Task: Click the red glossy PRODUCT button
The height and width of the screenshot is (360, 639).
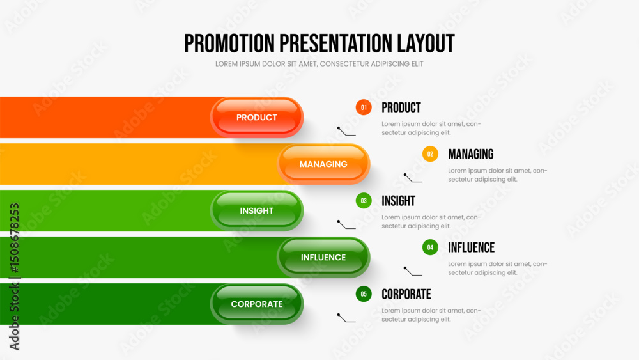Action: tap(257, 118)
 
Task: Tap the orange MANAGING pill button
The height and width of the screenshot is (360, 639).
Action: tap(323, 164)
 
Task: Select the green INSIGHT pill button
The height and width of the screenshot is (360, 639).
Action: tap(257, 211)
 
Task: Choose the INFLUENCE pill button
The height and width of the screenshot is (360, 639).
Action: tap(323, 257)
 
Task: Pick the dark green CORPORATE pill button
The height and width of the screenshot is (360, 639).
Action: tap(257, 304)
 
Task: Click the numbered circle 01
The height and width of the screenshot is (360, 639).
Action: tap(364, 107)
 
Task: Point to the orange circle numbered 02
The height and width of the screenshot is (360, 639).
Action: tap(430, 154)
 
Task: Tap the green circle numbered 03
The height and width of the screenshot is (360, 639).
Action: tap(364, 201)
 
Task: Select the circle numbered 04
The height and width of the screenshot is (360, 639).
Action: tap(430, 247)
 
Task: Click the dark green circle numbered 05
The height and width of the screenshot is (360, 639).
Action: tap(364, 294)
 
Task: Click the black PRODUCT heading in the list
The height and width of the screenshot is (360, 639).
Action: tap(401, 107)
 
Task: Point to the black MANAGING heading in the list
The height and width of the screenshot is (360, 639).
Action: tap(471, 154)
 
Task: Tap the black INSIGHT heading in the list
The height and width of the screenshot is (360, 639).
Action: tap(398, 201)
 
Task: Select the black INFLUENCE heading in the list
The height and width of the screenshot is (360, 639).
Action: tap(471, 247)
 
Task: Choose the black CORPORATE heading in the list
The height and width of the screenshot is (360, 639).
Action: tap(406, 294)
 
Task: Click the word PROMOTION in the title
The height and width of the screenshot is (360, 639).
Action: tap(229, 43)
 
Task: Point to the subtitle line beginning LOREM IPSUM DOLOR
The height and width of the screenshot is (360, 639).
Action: tap(319, 64)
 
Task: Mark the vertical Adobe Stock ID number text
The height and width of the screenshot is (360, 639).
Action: tap(14, 238)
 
